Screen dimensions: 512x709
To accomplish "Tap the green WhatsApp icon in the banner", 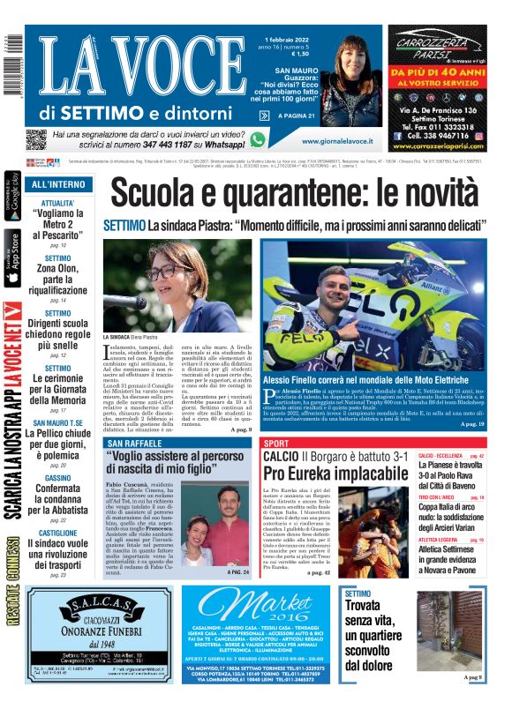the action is coord(257,138).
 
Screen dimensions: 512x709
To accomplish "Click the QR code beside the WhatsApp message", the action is coord(36,138).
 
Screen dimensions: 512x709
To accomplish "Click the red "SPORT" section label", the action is coord(276,443).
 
